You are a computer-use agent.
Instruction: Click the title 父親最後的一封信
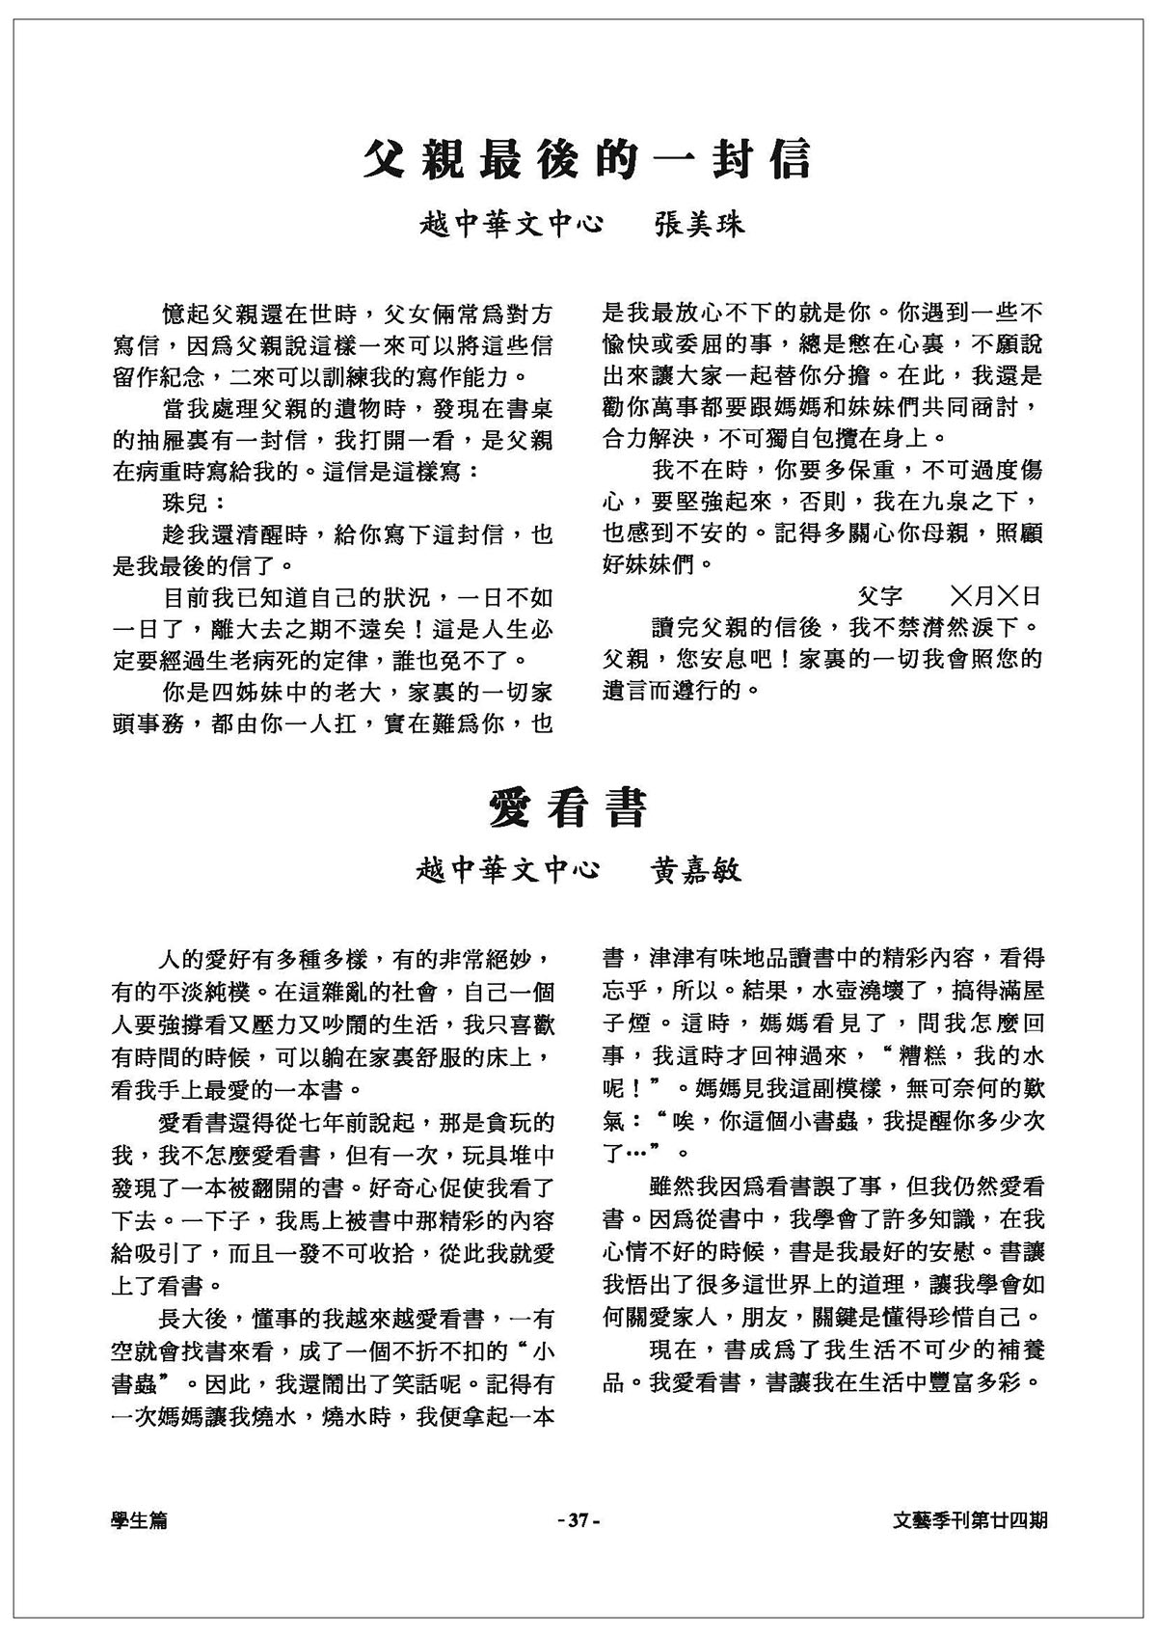click(587, 160)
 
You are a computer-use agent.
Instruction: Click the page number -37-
click(578, 1520)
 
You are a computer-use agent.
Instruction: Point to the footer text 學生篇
click(139, 1520)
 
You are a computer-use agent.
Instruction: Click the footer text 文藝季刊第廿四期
click(971, 1520)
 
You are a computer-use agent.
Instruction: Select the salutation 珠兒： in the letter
click(195, 503)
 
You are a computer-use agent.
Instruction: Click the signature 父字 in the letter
click(879, 596)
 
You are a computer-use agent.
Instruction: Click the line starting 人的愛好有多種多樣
click(357, 960)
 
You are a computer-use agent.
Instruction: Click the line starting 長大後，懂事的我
click(357, 1318)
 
